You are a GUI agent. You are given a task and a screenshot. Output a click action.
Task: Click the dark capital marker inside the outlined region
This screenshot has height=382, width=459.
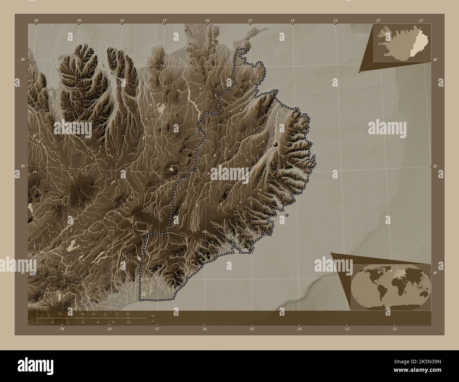(275, 144)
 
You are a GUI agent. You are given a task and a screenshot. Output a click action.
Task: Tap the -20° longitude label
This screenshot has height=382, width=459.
(36, 20)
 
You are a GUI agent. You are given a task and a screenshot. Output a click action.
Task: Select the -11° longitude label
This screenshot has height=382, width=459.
(421, 20)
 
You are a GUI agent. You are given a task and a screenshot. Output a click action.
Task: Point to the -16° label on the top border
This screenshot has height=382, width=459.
(207, 20)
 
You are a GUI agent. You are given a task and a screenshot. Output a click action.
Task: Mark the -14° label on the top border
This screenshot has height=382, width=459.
(293, 20)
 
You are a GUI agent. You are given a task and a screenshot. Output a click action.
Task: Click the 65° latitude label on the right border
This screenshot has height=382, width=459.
(435, 166)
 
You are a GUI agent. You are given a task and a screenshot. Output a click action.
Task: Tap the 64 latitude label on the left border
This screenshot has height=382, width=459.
(23, 272)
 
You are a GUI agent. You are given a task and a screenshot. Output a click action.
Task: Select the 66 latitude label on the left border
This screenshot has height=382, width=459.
(23, 60)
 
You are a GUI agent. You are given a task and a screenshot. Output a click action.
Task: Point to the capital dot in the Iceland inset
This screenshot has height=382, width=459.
(388, 51)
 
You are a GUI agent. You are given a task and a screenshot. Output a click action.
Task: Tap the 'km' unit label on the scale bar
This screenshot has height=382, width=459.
(153, 315)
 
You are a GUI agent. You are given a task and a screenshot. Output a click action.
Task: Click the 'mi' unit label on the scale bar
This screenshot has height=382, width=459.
(153, 321)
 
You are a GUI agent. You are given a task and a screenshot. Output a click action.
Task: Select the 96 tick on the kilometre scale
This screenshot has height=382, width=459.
(128, 313)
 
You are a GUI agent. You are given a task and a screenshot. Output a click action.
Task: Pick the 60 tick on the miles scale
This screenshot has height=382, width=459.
(128, 322)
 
